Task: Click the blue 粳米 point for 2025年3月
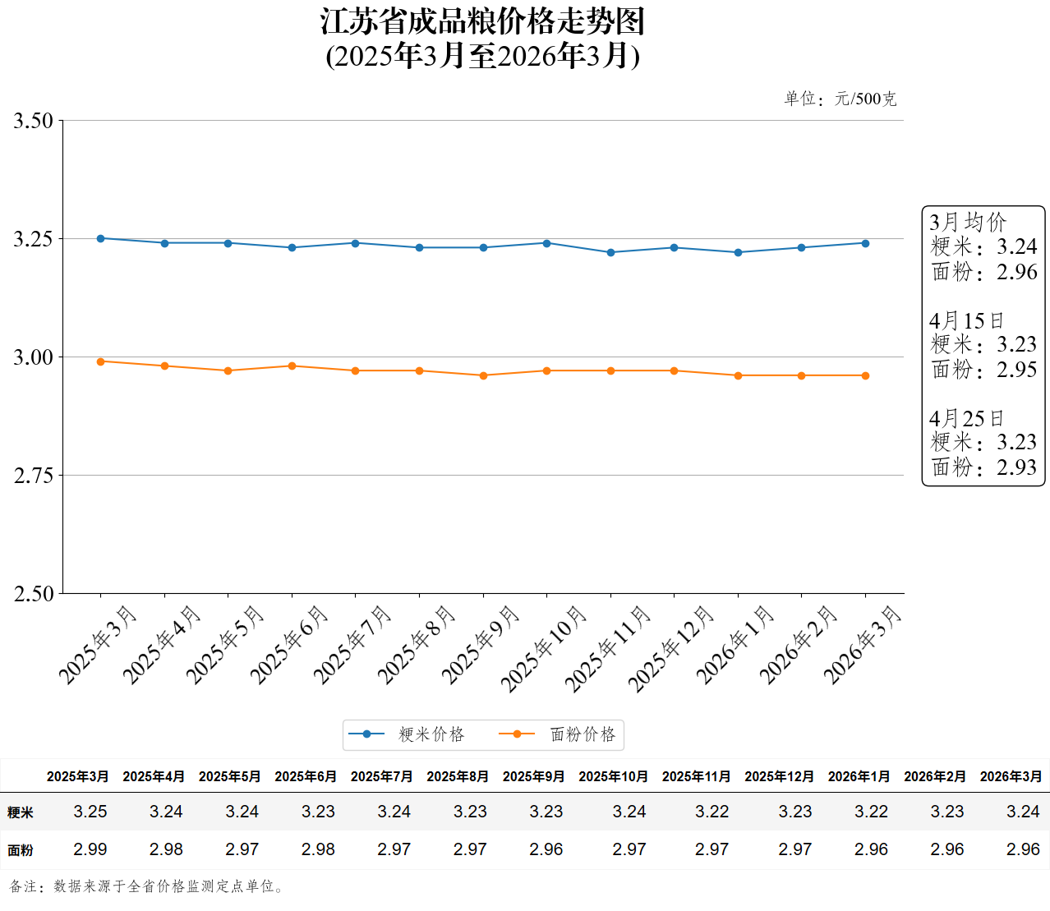pyautogui.click(x=101, y=238)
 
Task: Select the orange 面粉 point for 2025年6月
pyautogui.click(x=292, y=366)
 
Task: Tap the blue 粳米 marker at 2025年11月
pyautogui.click(x=610, y=252)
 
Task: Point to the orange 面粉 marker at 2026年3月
pyautogui.click(x=865, y=375)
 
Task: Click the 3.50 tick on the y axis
pyautogui.click(x=34, y=121)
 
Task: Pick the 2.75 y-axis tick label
pyautogui.click(x=34, y=476)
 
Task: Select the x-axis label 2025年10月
pyautogui.click(x=544, y=648)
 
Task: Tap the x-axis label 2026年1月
pyautogui.click(x=735, y=645)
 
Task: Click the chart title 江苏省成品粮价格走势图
pyautogui.click(x=482, y=22)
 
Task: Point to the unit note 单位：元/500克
pyautogui.click(x=840, y=99)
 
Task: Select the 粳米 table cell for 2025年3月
pyautogui.click(x=90, y=812)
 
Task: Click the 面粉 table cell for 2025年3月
pyautogui.click(x=90, y=849)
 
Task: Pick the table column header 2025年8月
pyautogui.click(x=458, y=776)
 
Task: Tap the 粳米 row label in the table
pyautogui.click(x=21, y=812)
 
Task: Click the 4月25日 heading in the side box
pyautogui.click(x=966, y=418)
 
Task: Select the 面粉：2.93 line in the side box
pyautogui.click(x=984, y=467)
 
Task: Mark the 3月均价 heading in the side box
pyautogui.click(x=968, y=222)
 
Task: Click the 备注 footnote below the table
pyautogui.click(x=148, y=886)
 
